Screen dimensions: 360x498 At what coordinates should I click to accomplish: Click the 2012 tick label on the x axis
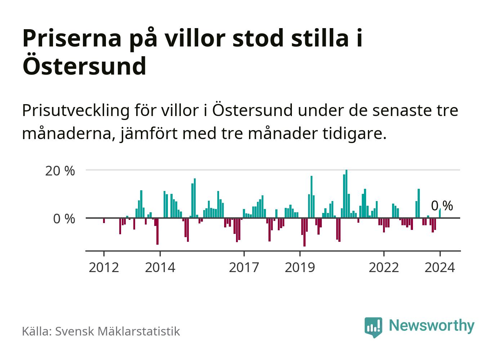(x=104, y=268)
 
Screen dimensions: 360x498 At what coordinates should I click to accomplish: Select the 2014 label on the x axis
(x=160, y=268)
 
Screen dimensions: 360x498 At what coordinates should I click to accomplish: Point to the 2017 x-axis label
(x=244, y=268)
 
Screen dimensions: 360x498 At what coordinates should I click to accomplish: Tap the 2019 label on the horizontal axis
(x=300, y=268)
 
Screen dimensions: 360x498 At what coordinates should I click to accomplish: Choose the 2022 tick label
(x=384, y=268)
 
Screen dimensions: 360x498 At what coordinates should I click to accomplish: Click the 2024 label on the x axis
(x=440, y=268)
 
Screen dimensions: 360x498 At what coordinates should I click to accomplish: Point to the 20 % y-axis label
(x=60, y=171)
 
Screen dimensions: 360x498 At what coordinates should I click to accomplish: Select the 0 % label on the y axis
(x=64, y=219)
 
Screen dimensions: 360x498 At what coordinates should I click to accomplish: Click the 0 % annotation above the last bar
(x=442, y=206)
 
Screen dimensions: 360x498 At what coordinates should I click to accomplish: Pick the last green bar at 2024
(x=440, y=213)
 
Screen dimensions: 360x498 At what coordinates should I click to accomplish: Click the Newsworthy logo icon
(x=373, y=327)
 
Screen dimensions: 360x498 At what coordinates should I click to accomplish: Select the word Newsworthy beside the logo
(x=432, y=325)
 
